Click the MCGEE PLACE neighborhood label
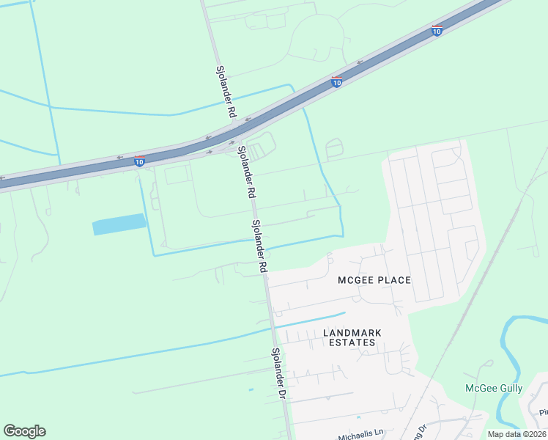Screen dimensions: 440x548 coord(374,281)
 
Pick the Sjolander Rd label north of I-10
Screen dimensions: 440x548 coord(225,92)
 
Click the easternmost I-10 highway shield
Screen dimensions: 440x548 coord(437,31)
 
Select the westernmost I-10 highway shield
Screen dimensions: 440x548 coord(139,161)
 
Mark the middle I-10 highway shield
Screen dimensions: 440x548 coord(336,83)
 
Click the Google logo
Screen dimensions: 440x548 coord(24,431)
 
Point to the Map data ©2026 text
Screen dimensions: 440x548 coord(516,434)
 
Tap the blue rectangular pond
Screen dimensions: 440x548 coord(119,224)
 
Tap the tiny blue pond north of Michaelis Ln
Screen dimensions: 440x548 coord(251,389)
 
